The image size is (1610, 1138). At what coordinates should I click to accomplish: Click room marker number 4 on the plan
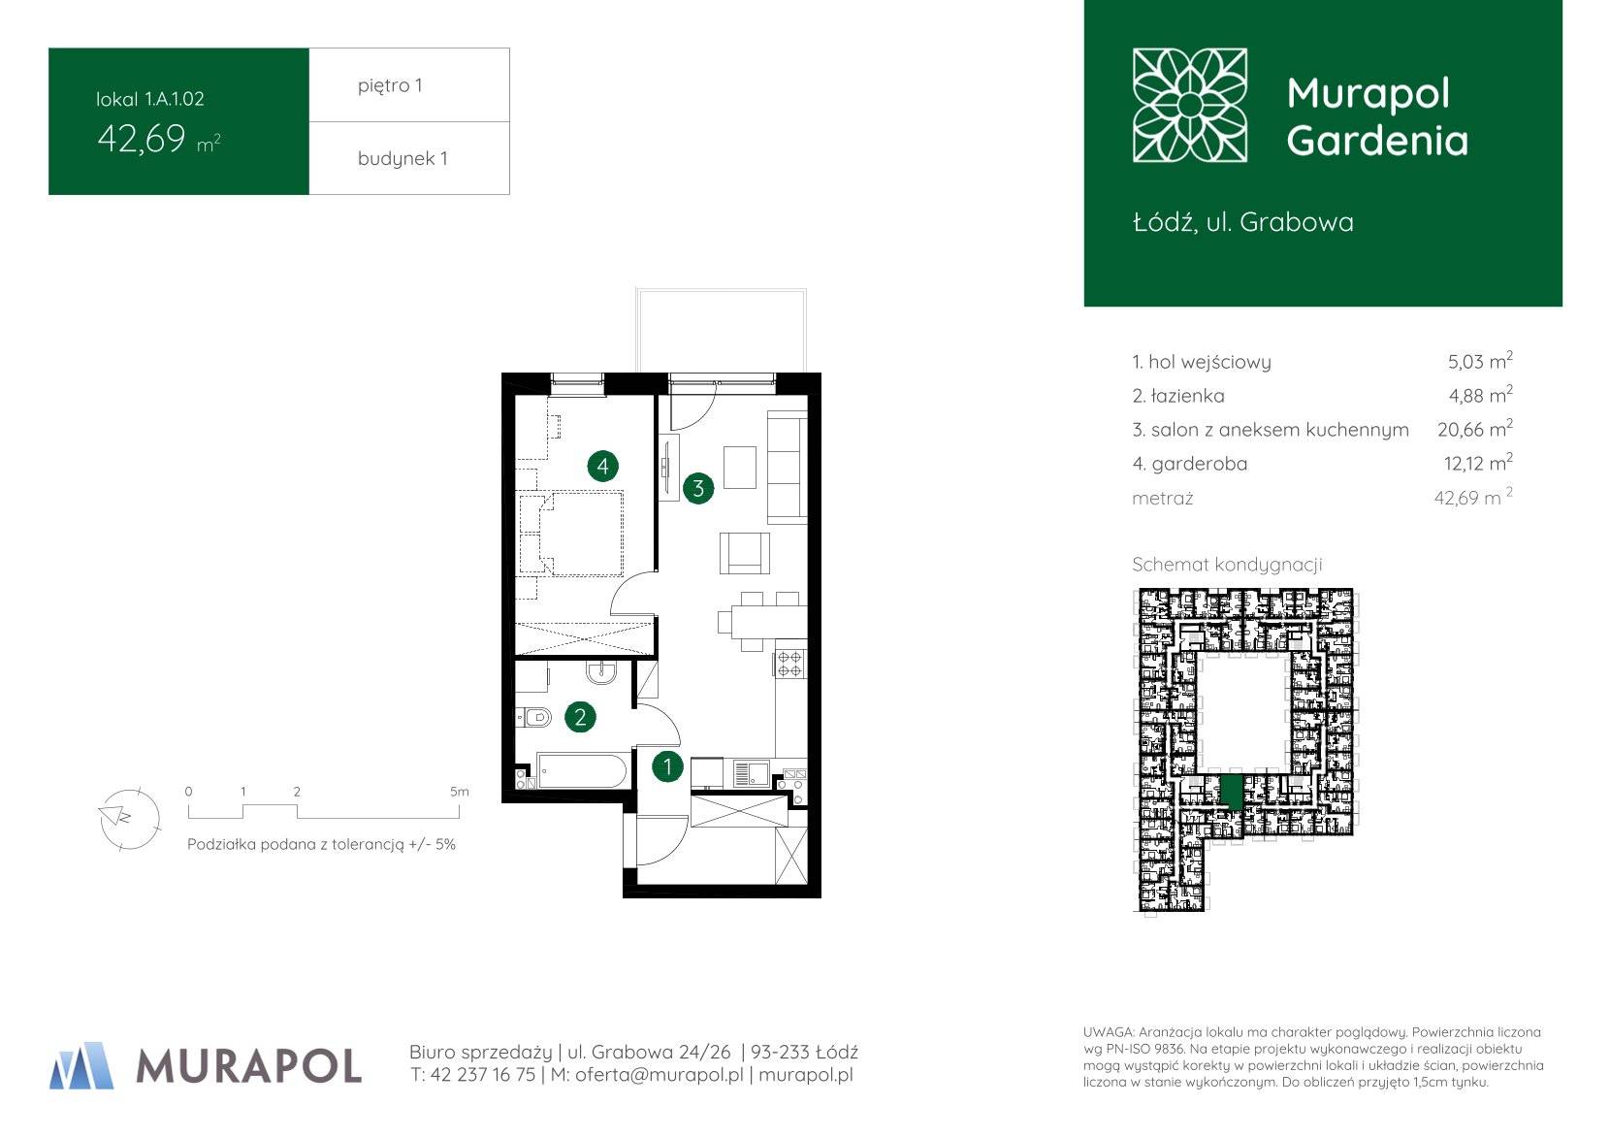click(602, 467)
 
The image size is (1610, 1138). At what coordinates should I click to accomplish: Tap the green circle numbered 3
click(698, 489)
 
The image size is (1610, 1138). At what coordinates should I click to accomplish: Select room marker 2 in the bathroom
click(580, 717)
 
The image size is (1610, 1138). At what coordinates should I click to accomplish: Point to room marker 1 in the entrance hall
click(667, 766)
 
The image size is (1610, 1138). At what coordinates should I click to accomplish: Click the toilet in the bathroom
click(534, 717)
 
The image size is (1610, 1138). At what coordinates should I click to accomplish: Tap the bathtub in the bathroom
click(582, 771)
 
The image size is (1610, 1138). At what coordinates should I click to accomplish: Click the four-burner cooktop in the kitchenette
click(789, 664)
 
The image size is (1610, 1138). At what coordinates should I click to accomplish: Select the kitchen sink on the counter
click(751, 774)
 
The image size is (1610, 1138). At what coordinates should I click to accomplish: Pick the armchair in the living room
click(745, 553)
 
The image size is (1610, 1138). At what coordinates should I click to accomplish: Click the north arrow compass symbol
click(129, 819)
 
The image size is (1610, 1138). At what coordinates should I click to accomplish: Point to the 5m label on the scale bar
click(460, 792)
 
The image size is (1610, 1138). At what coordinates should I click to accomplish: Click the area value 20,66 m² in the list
click(1475, 429)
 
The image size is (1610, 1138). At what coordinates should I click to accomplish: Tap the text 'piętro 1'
click(390, 85)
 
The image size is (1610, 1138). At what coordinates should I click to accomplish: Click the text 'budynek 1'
click(402, 159)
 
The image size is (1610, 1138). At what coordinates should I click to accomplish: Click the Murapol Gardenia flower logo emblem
click(1190, 105)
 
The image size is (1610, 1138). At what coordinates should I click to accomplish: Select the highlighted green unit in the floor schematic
click(1232, 792)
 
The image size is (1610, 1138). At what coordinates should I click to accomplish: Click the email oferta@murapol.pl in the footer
click(660, 1075)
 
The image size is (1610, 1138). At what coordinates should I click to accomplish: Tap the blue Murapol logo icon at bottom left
click(81, 1065)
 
